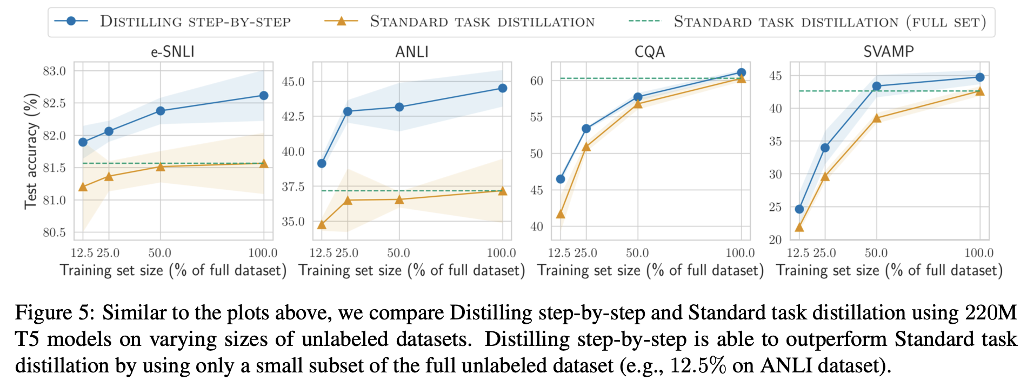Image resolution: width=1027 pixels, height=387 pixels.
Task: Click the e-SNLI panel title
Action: pyautogui.click(x=172, y=52)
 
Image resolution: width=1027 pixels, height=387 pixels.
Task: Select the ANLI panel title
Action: pyautogui.click(x=412, y=52)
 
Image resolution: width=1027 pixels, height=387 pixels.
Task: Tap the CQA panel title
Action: pyautogui.click(x=650, y=52)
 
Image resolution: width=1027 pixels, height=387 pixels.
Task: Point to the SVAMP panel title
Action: pyautogui.click(x=889, y=52)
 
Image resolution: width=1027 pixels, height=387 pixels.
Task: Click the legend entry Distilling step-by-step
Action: pyautogui.click(x=195, y=22)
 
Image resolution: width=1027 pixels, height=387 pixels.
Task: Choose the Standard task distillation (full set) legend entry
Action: pyautogui.click(x=830, y=22)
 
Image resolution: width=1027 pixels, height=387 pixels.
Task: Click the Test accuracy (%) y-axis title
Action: pyautogui.click(x=31, y=151)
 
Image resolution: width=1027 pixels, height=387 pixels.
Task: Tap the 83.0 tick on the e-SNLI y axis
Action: pyautogui.click(x=54, y=71)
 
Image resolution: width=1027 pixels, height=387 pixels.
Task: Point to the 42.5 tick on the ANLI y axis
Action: pyautogui.click(x=293, y=117)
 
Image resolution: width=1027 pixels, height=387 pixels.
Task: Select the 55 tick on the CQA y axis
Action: pyautogui.click(x=536, y=117)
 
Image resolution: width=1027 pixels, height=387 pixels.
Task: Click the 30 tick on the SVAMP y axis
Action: pyautogui.click(x=775, y=175)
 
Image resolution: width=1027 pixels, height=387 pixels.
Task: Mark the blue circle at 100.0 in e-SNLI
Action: pyautogui.click(x=264, y=96)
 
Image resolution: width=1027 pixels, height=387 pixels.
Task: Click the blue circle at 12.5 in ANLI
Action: pyautogui.click(x=322, y=163)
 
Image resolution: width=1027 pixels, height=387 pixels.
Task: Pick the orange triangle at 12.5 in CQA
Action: pyautogui.click(x=561, y=215)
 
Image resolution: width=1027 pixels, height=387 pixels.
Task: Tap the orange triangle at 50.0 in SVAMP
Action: pyautogui.click(x=877, y=118)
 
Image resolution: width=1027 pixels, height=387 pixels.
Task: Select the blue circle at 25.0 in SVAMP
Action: pyautogui.click(x=825, y=148)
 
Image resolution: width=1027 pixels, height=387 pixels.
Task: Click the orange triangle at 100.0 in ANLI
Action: pyautogui.click(x=503, y=191)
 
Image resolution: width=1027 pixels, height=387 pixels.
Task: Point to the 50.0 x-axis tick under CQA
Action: pyautogui.click(x=637, y=253)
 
